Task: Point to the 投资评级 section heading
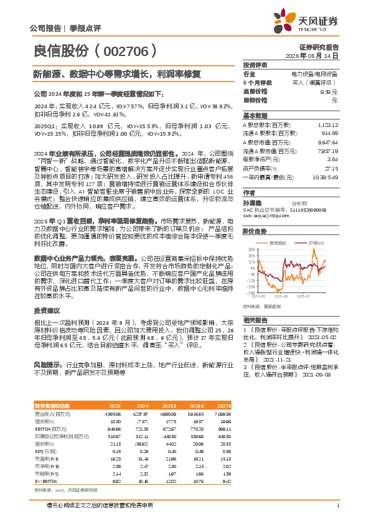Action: click(255, 65)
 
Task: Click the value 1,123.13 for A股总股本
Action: click(327, 124)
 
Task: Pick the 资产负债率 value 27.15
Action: click(331, 167)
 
